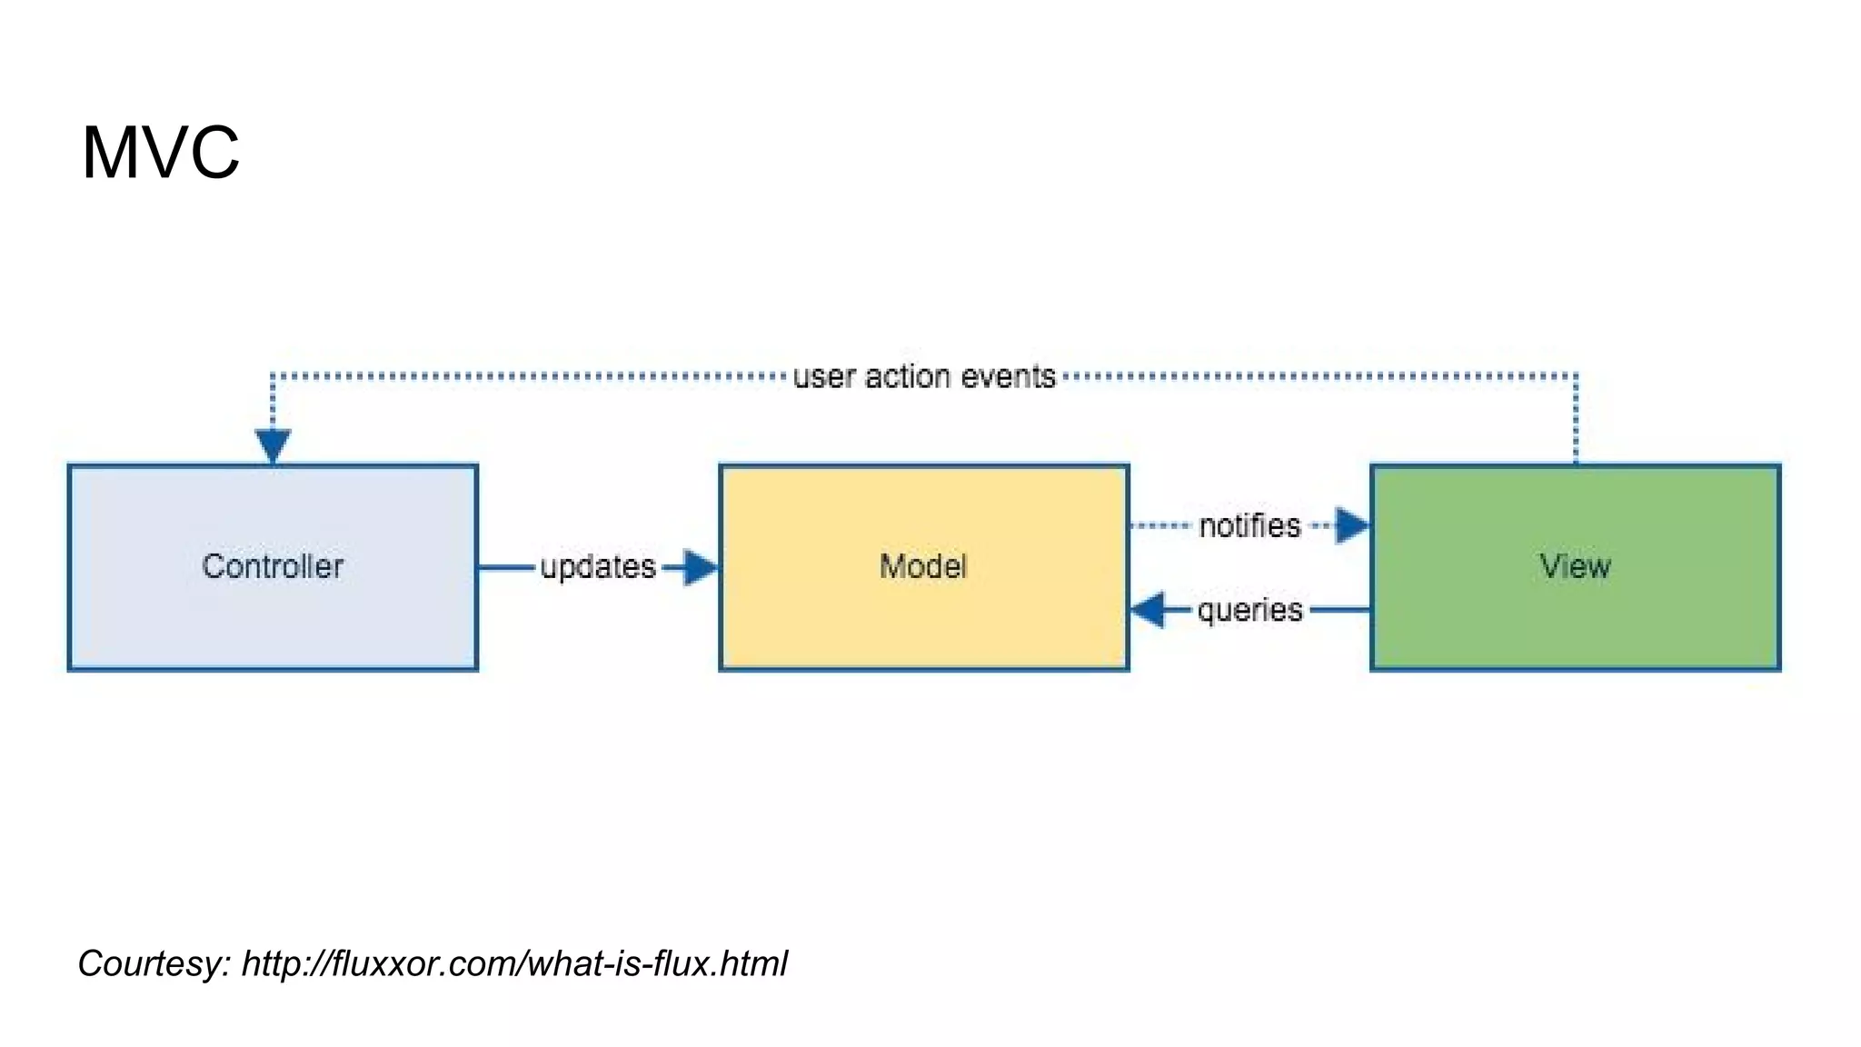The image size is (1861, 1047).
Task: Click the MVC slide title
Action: click(x=161, y=153)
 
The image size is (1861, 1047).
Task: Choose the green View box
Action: click(x=1575, y=627)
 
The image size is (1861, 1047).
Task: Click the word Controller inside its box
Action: click(x=273, y=566)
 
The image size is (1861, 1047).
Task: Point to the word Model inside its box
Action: click(x=923, y=566)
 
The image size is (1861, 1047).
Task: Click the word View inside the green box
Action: click(x=1575, y=566)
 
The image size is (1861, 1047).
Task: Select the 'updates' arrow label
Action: click(x=598, y=567)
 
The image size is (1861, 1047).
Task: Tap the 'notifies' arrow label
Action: click(x=1249, y=526)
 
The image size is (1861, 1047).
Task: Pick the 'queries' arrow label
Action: click(x=1249, y=610)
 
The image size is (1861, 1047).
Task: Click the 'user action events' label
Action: click(x=924, y=376)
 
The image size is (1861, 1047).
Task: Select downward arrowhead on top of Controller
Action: click(x=273, y=445)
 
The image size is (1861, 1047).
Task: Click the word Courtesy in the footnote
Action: click(x=153, y=963)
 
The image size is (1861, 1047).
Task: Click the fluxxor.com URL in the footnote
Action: click(x=514, y=963)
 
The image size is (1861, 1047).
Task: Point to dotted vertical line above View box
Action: click(x=1576, y=418)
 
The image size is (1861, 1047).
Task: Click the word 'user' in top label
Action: click(x=823, y=376)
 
